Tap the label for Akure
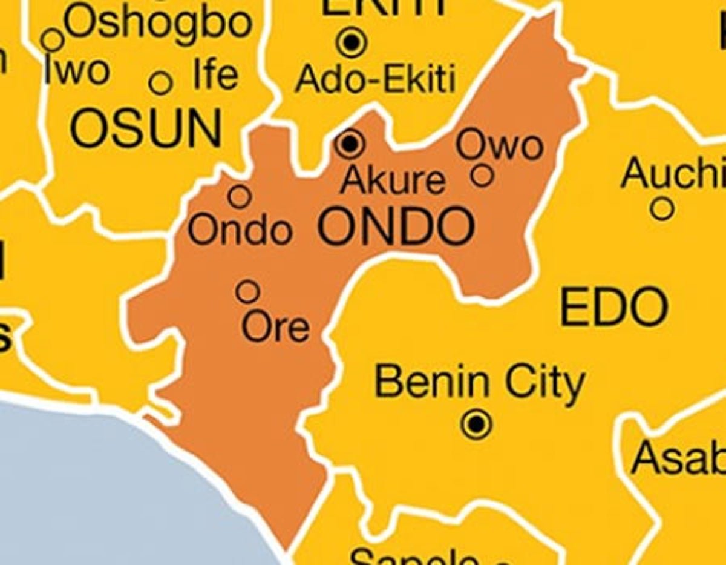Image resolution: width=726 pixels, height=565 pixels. pos(393,180)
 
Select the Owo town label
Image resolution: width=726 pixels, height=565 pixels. pos(500,145)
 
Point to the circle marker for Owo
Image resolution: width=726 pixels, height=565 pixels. pos(482,176)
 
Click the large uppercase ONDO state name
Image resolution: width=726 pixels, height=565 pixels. pos(396,227)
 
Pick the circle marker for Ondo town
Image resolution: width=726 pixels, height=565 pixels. pos(240,196)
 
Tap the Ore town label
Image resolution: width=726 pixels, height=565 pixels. pos(276,327)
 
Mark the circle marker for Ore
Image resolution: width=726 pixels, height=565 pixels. pos(247,291)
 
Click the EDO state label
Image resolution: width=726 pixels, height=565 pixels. pos(614,308)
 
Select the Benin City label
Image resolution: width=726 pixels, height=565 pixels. pos(480,383)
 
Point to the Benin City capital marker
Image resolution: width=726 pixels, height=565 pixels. pos(476,424)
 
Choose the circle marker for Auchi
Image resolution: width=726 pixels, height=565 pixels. pos(662,209)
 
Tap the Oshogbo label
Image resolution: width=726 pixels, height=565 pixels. pos(157,22)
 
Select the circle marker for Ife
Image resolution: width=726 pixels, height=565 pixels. pos(160,83)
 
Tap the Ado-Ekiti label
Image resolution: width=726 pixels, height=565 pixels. pos(375,79)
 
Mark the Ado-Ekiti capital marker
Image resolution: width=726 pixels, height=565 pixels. pos(352,42)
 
